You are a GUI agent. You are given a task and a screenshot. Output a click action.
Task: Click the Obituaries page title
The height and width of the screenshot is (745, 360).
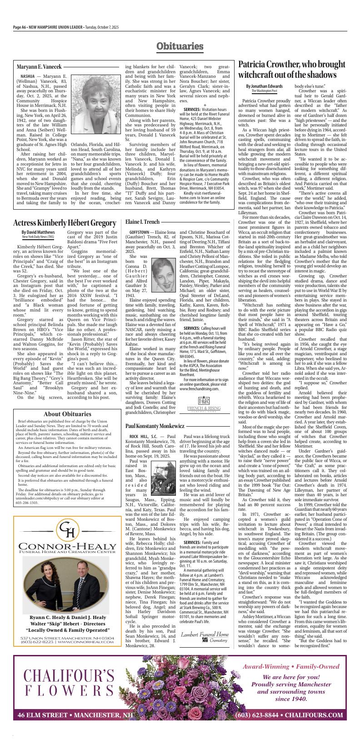[x=180, y=46]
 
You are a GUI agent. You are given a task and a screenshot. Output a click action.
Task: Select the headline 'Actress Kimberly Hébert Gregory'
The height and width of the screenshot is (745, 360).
[x=65, y=223]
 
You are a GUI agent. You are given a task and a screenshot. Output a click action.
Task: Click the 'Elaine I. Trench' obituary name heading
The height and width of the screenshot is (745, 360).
[x=142, y=222]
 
